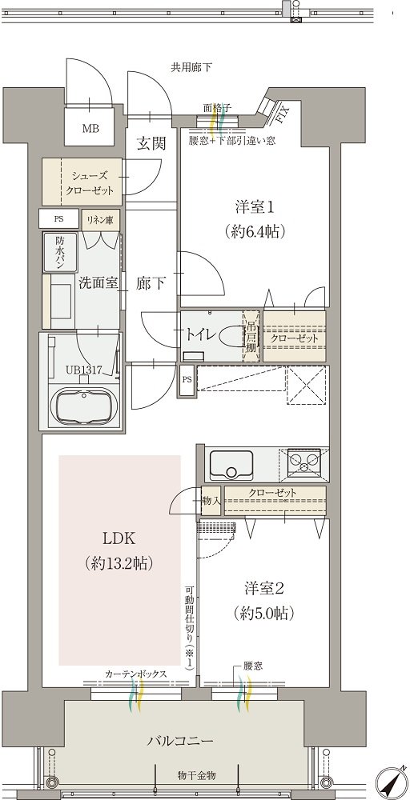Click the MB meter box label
(90, 128)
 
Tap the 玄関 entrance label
(151, 143)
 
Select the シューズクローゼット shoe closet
(82, 182)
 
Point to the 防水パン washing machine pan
(60, 252)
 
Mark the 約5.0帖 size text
(263, 612)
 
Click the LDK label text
(120, 538)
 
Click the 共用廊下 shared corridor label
(191, 67)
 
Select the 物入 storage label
(211, 500)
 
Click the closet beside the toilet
(295, 337)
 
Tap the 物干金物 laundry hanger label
(196, 775)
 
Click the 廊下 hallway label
(151, 284)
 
